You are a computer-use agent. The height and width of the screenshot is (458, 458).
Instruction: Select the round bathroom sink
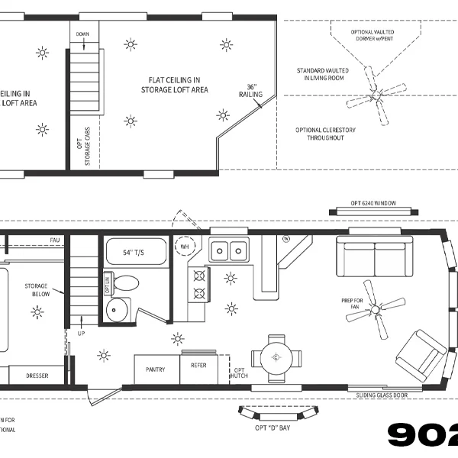point(118,309)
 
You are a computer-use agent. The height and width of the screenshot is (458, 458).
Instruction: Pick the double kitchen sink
point(229,250)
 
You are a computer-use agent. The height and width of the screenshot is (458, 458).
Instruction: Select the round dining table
point(276,357)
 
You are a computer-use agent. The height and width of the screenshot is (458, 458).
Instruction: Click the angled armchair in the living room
point(421,355)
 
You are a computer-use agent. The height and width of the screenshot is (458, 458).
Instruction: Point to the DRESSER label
point(37,376)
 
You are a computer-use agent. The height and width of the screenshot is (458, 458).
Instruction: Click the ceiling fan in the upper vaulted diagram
point(376,95)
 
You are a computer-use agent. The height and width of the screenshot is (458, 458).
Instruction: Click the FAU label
point(54,240)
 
